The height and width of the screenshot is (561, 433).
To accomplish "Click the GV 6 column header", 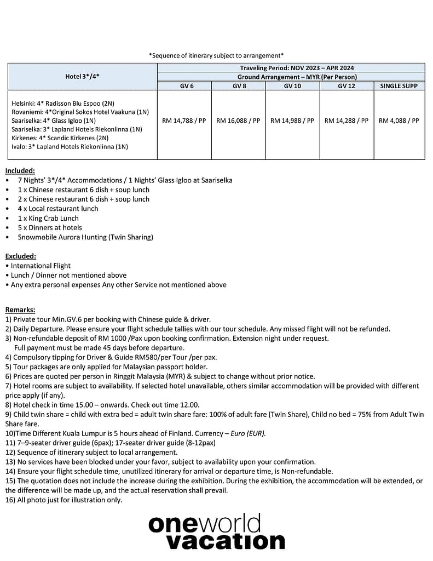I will (x=184, y=85).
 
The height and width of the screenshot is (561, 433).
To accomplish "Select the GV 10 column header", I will (x=292, y=85).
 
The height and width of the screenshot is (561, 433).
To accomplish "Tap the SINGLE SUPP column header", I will (x=399, y=85).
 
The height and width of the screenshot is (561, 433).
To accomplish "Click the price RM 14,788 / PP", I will (x=184, y=121).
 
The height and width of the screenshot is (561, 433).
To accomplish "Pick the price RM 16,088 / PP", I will (x=238, y=121).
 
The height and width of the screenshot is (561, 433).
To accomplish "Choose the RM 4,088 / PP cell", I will (x=399, y=121).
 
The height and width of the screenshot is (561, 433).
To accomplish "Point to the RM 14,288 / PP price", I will (x=347, y=121).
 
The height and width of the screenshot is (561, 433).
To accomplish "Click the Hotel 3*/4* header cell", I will (x=82, y=77).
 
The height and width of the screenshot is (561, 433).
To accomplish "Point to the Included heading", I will (x=20, y=170).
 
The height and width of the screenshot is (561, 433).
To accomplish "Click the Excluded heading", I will (x=21, y=256).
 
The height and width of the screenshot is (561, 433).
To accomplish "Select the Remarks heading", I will (x=20, y=310).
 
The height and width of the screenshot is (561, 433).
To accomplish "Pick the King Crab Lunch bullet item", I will (x=48, y=218).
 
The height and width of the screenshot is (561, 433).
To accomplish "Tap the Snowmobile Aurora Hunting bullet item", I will (x=85, y=237).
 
